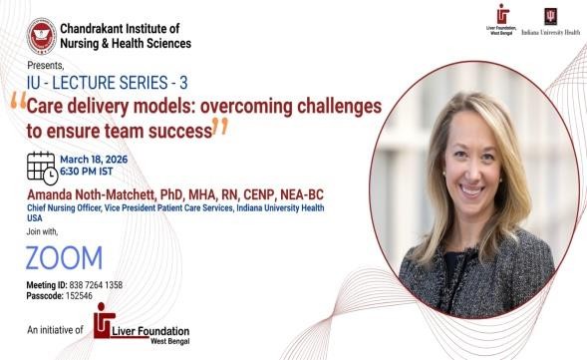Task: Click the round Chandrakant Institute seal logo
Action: tap(42, 36)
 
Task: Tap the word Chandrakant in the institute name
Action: tap(92, 28)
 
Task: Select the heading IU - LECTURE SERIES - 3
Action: tap(107, 83)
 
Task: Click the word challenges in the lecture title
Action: tap(339, 107)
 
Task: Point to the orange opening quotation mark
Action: tap(18, 100)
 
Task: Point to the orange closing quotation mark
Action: tap(220, 126)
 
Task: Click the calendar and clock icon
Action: tap(42, 169)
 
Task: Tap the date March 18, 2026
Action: tap(94, 160)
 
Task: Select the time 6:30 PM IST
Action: tap(87, 172)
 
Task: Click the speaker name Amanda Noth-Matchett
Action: tap(91, 194)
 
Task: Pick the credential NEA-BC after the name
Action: tap(302, 194)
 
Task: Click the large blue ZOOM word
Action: tap(64, 258)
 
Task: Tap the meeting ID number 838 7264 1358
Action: tap(96, 285)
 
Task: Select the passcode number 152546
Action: tap(79, 296)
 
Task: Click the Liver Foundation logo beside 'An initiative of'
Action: tap(142, 324)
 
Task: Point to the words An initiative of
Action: tap(55, 330)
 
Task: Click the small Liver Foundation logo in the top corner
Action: tap(502, 20)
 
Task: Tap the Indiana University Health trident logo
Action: tap(551, 17)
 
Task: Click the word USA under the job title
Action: tap(35, 218)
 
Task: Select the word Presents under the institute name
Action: tap(45, 65)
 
